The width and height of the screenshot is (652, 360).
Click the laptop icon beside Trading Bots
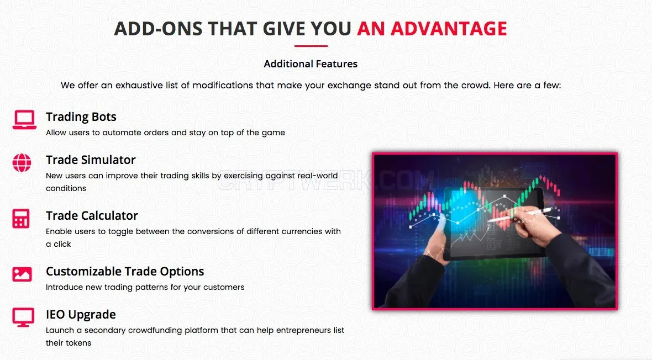click(24, 120)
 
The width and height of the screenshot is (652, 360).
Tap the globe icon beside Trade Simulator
click(22, 162)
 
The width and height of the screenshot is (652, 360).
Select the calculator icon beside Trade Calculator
click(21, 218)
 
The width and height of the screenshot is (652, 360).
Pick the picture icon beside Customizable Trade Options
click(22, 274)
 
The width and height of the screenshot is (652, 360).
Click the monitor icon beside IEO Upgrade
click(23, 317)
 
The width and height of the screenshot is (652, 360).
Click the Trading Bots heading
click(81, 117)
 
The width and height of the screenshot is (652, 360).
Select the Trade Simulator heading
click(91, 160)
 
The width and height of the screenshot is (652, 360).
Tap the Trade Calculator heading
click(92, 216)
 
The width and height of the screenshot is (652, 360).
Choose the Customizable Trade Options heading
click(125, 272)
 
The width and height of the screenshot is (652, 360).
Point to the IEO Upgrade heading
click(81, 315)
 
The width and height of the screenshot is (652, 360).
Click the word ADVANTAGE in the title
click(449, 29)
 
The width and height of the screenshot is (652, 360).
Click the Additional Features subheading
click(311, 64)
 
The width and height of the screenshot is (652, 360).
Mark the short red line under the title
click(311, 46)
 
